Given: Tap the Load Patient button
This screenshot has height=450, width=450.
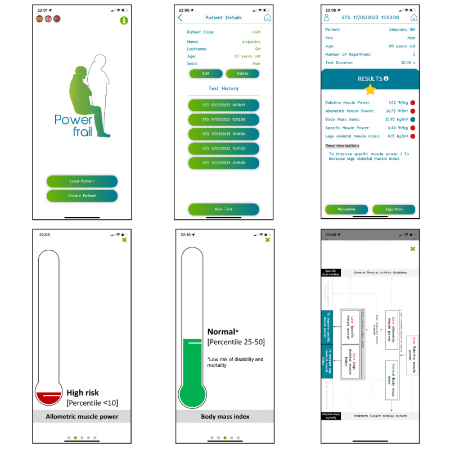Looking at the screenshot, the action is pyautogui.click(x=82, y=181).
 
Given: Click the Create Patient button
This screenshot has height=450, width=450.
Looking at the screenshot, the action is pyautogui.click(x=82, y=196).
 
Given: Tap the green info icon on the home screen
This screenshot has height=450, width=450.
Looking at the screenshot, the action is pyautogui.click(x=124, y=21).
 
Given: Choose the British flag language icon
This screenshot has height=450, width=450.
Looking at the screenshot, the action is pyautogui.click(x=48, y=19).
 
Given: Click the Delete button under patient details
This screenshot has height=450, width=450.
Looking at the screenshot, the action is pyautogui.click(x=242, y=73).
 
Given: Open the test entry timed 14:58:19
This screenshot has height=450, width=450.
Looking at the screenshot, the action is pyautogui.click(x=223, y=105).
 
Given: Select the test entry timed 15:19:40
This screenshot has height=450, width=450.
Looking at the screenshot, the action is pyautogui.click(x=223, y=163).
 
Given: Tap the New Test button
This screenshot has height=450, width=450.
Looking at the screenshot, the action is pyautogui.click(x=223, y=209).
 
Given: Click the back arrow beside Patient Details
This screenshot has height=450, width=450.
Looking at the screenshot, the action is pyautogui.click(x=180, y=17).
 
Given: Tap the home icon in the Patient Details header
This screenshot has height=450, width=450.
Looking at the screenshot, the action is pyautogui.click(x=267, y=17).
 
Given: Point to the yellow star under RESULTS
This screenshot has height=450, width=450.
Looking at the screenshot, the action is pyautogui.click(x=370, y=89).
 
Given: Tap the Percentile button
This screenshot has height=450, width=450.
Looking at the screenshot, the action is pyautogui.click(x=346, y=209).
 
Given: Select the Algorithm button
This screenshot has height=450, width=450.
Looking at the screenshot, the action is pyautogui.click(x=394, y=209).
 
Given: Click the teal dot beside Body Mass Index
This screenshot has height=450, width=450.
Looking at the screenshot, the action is pyautogui.click(x=412, y=119).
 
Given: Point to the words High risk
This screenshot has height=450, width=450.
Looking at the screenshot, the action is pyautogui.click(x=83, y=393).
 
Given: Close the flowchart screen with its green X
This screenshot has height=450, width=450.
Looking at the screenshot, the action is pyautogui.click(x=412, y=249).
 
